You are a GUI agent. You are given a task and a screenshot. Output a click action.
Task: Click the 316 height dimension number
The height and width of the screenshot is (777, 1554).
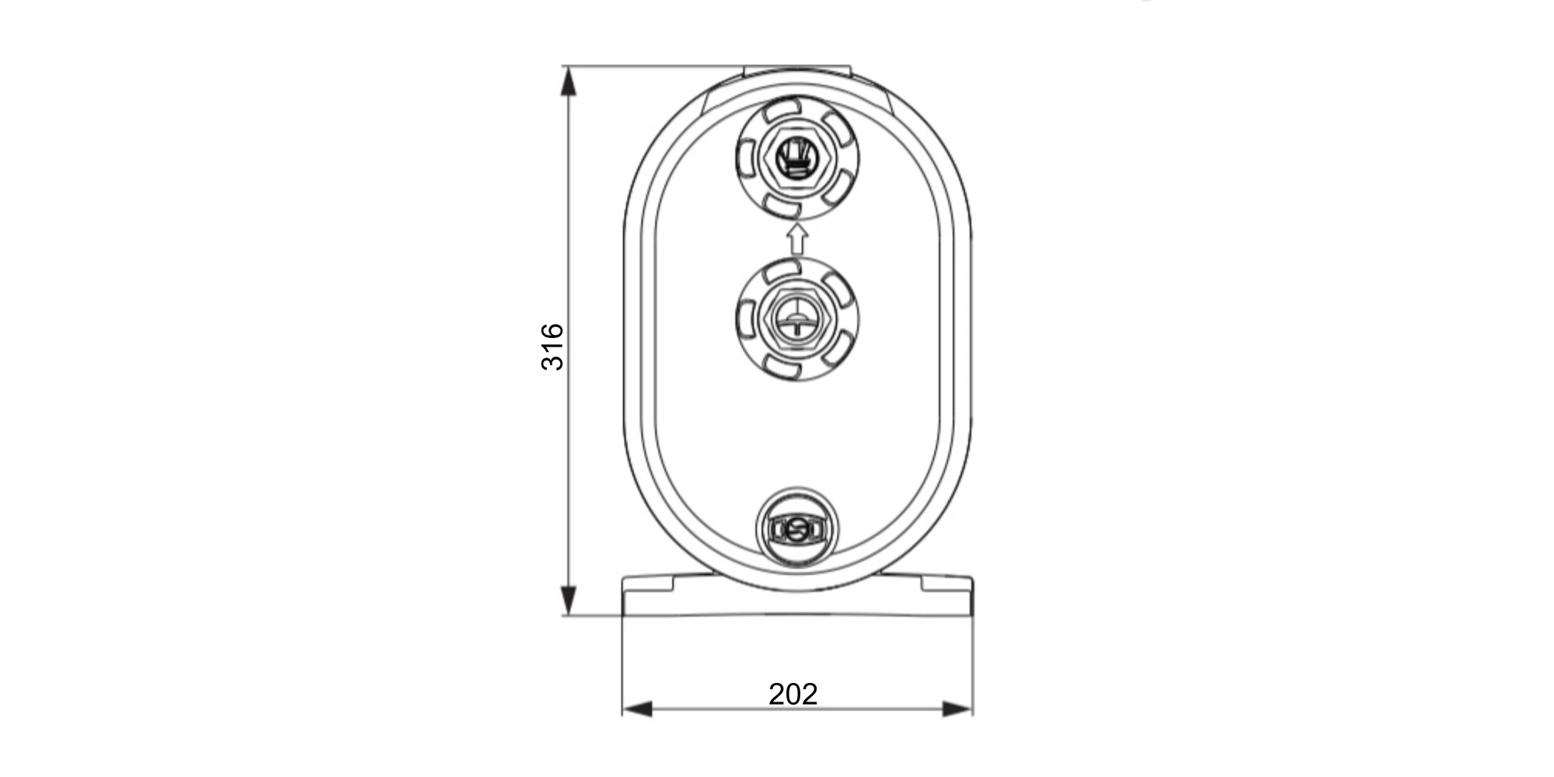click(x=552, y=347)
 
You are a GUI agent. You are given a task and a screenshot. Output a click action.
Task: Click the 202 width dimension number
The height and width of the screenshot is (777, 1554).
click(x=793, y=694)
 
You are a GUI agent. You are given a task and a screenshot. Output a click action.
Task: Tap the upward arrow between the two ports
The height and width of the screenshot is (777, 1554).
click(x=796, y=239)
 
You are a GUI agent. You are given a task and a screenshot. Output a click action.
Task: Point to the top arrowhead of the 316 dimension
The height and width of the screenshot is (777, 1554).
click(x=568, y=82)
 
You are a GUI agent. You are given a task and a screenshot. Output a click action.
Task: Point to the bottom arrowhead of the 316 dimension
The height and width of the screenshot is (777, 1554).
click(x=568, y=601)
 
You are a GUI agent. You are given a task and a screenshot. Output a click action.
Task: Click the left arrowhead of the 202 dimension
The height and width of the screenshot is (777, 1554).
click(x=637, y=709)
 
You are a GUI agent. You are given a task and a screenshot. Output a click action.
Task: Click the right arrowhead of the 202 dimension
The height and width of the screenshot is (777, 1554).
click(x=956, y=709)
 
